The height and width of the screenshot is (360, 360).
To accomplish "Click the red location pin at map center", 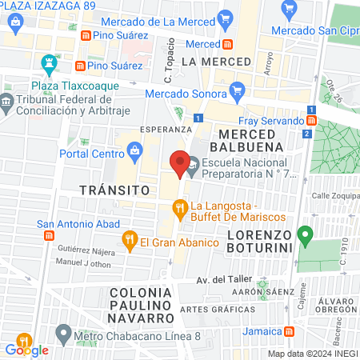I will coord(180,162).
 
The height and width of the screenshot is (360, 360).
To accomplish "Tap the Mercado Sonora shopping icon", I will coord(235,94).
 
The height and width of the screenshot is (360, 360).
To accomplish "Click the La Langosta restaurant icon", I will coord(180,210).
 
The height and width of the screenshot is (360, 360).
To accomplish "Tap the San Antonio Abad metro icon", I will coord(48,235).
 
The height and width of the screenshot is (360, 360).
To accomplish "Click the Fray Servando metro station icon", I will coord(311,120).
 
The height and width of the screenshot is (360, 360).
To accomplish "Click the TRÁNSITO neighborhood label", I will coord(115,190).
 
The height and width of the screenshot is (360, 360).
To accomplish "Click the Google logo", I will coord(26,349).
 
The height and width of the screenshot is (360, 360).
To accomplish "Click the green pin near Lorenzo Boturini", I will coord(304,237).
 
